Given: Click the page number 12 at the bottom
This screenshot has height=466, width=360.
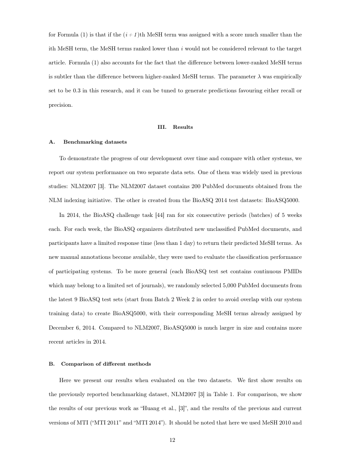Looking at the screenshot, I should [x=172, y=440].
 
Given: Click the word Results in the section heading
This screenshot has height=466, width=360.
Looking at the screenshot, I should [x=183, y=127].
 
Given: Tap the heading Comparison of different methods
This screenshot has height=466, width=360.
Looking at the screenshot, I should [x=106, y=364].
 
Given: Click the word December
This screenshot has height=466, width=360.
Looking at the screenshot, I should [x=62, y=327].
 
